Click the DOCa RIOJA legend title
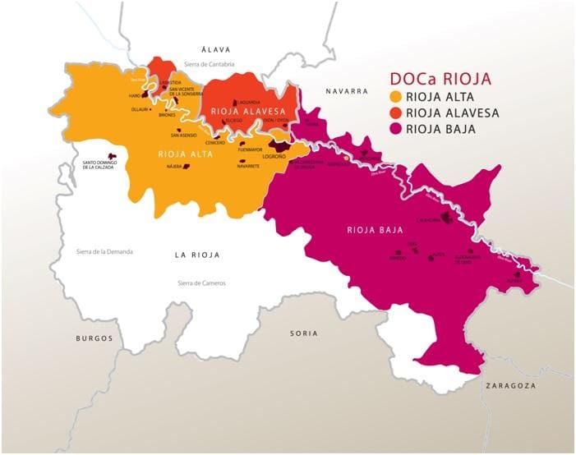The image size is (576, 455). point(439,80)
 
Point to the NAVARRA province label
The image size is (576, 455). point(346,91)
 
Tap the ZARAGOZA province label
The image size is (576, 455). point(510,385)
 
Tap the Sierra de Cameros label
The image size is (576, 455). point(201,283)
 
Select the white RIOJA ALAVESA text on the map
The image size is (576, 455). point(242,111)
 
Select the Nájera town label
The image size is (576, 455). point(173,167)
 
